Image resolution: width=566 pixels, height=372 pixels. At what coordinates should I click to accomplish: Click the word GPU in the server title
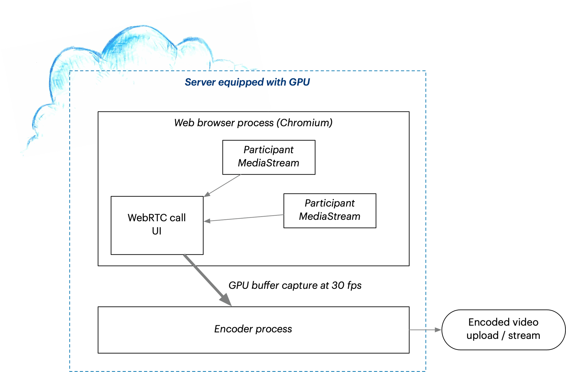(299, 82)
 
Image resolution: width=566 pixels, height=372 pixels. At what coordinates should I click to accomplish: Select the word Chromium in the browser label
(305, 123)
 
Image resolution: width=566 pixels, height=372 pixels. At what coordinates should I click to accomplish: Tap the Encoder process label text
(253, 329)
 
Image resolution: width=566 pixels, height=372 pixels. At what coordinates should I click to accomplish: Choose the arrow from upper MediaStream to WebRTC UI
(222, 186)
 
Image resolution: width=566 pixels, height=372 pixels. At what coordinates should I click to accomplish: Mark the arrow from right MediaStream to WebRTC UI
(244, 218)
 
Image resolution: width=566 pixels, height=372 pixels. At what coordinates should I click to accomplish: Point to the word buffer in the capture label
(265, 285)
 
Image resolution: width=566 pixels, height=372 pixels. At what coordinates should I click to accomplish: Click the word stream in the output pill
(524, 336)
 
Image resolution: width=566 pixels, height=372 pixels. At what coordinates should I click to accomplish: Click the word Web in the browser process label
(184, 123)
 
